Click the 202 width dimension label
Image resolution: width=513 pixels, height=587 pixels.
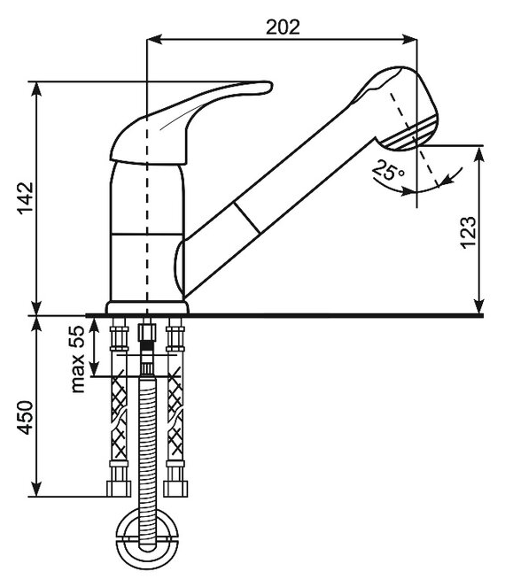[x=283, y=27]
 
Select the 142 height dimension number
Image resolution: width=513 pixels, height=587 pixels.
[x=27, y=198]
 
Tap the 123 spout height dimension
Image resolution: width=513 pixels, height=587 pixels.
[x=469, y=232]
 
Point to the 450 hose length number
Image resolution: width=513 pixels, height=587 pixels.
[x=26, y=417]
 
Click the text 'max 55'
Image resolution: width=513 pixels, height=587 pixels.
[x=78, y=359]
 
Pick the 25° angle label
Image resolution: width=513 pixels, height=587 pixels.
[x=389, y=170]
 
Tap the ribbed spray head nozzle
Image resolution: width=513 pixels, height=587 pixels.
[x=409, y=134]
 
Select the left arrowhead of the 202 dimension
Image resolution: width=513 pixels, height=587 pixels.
[x=154, y=39]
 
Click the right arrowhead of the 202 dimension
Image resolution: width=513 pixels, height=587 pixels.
[x=409, y=39]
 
